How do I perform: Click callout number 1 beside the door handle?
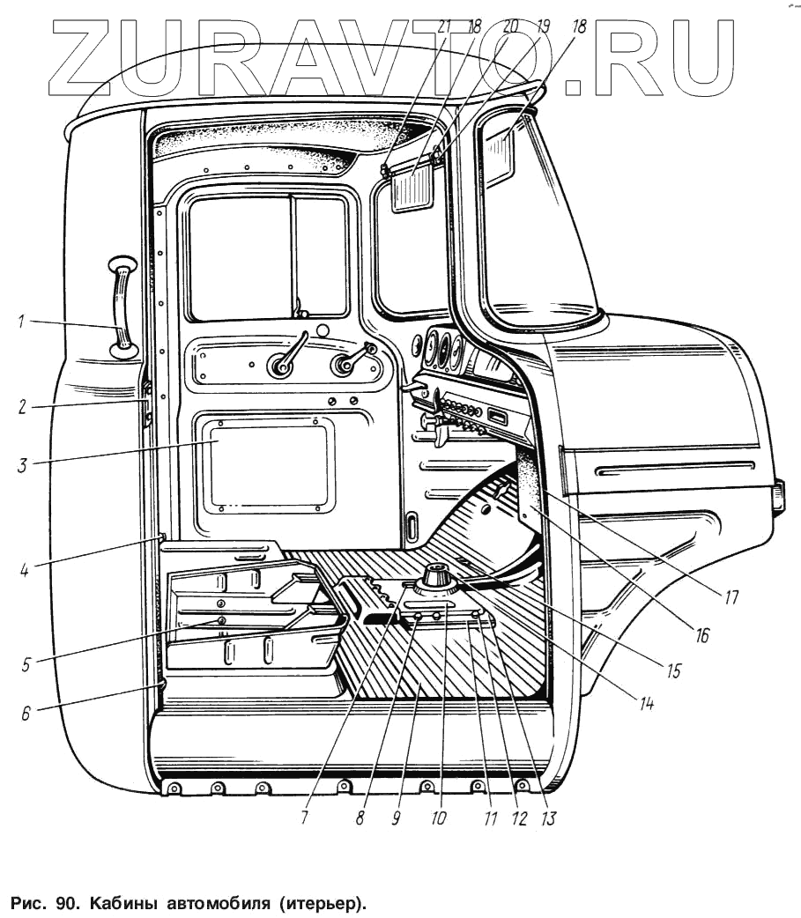tap(20, 322)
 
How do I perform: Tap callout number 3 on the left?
tap(20, 463)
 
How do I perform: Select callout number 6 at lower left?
tap(26, 713)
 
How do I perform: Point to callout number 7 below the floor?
tap(303, 818)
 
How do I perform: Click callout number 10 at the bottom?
tap(438, 818)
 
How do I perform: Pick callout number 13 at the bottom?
tap(548, 818)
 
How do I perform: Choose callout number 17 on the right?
tap(731, 597)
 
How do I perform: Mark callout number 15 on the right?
tap(674, 670)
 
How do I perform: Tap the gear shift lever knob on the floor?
tap(435, 577)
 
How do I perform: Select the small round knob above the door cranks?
tap(322, 330)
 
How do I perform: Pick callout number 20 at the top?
tap(509, 26)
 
